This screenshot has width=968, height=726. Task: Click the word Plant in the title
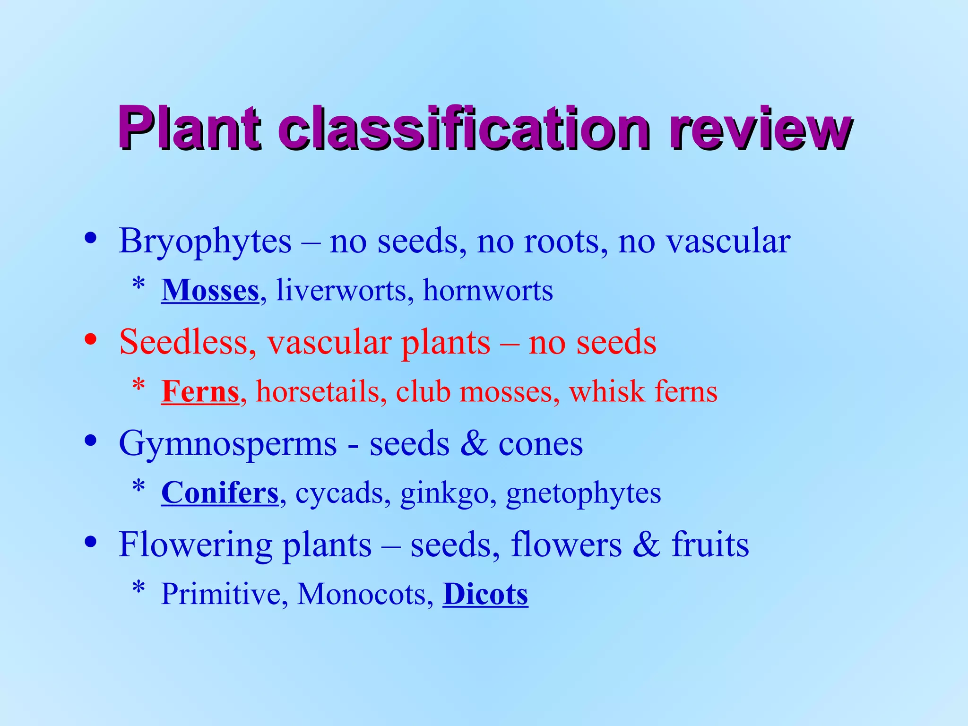pos(189,128)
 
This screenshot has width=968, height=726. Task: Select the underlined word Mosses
pos(210,290)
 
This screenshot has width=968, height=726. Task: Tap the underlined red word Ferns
pos(200,392)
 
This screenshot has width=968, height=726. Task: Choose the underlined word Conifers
pos(220,493)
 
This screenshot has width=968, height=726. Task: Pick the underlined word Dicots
pos(485,594)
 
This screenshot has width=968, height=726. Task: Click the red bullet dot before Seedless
pos(91,339)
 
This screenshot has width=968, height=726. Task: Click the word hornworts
pos(488,290)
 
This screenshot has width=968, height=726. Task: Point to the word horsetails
pos(318,392)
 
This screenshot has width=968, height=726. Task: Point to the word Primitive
pos(220,594)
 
